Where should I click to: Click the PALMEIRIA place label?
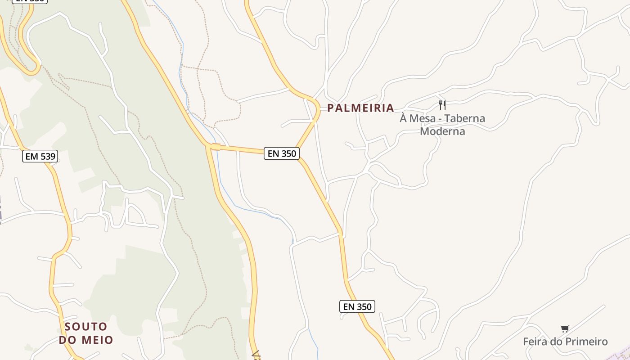click(x=360, y=108)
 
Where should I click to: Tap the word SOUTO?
click(x=86, y=327)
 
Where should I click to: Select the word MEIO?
click(x=97, y=340)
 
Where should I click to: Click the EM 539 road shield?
click(x=40, y=157)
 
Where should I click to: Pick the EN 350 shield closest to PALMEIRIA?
click(x=282, y=153)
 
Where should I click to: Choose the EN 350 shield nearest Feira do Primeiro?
click(x=357, y=307)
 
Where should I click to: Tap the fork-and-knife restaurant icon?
click(x=442, y=105)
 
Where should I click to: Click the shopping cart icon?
click(x=565, y=329)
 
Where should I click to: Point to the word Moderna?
click(x=442, y=131)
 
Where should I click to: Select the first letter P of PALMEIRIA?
click(x=331, y=108)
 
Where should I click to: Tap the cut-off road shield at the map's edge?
click(x=30, y=1)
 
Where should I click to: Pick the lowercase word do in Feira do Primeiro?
click(x=557, y=342)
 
